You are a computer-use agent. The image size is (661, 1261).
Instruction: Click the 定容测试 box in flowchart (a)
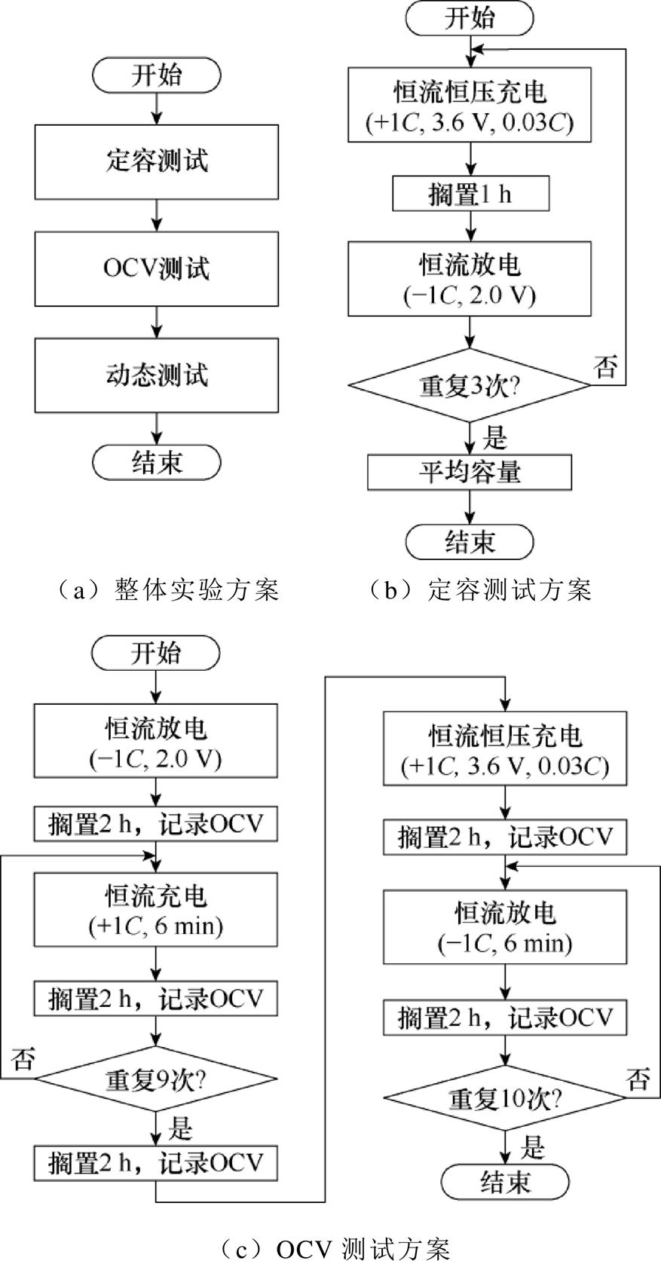pos(156,161)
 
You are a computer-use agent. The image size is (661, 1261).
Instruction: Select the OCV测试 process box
pos(156,268)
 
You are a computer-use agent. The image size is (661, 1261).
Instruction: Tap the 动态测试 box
pos(156,375)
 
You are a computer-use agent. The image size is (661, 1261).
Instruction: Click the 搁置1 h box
pos(470,194)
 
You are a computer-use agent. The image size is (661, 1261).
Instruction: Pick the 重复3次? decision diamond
pos(469,385)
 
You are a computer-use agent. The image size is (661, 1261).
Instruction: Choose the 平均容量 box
pos(470,473)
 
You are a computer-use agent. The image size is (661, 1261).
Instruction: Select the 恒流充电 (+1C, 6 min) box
pos(156,909)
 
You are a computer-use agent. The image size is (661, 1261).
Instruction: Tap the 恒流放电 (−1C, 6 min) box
pos(504,926)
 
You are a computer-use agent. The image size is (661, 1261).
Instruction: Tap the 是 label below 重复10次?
pos(532,1146)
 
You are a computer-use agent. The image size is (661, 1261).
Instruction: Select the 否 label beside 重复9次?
pos(23,1060)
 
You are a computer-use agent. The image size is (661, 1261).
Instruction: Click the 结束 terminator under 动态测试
pos(156,461)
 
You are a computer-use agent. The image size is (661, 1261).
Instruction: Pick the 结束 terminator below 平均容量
pos(470,541)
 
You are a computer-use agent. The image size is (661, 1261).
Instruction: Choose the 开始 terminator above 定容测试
pos(156,75)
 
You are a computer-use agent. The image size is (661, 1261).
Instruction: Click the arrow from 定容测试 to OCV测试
pos(156,216)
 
